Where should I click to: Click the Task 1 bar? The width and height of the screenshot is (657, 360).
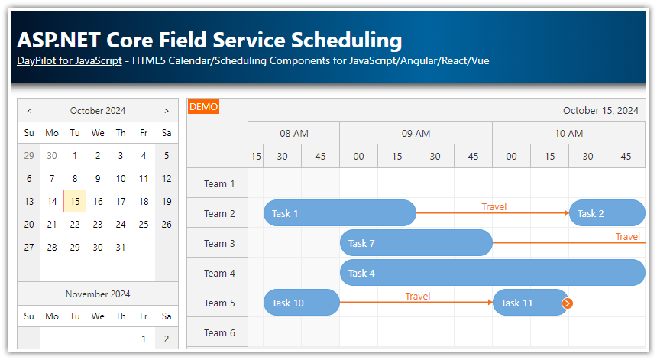point(339,213)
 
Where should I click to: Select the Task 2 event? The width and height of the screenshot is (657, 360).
point(607,213)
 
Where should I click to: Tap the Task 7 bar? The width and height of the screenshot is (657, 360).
point(416,243)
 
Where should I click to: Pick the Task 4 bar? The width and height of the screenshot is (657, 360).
point(492,273)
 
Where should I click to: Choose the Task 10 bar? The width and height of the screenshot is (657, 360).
point(301,303)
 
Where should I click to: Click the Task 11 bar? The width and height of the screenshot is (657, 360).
point(527,303)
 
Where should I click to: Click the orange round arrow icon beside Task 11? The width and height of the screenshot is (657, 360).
point(567,303)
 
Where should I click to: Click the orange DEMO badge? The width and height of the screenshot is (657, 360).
point(203,107)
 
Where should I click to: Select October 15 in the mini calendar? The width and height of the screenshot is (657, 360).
point(75,202)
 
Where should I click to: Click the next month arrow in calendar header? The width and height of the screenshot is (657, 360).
point(167,111)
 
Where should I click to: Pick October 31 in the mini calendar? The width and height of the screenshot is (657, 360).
point(121,247)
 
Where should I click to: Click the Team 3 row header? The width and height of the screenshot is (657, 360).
point(220,243)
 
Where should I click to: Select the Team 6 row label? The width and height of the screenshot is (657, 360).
point(220,332)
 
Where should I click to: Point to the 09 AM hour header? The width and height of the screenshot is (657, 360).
point(416,133)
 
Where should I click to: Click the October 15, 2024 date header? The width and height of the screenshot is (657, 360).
point(600,111)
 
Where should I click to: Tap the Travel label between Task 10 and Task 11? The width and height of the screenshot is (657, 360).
point(417,296)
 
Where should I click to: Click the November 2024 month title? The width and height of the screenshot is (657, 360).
point(98,294)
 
